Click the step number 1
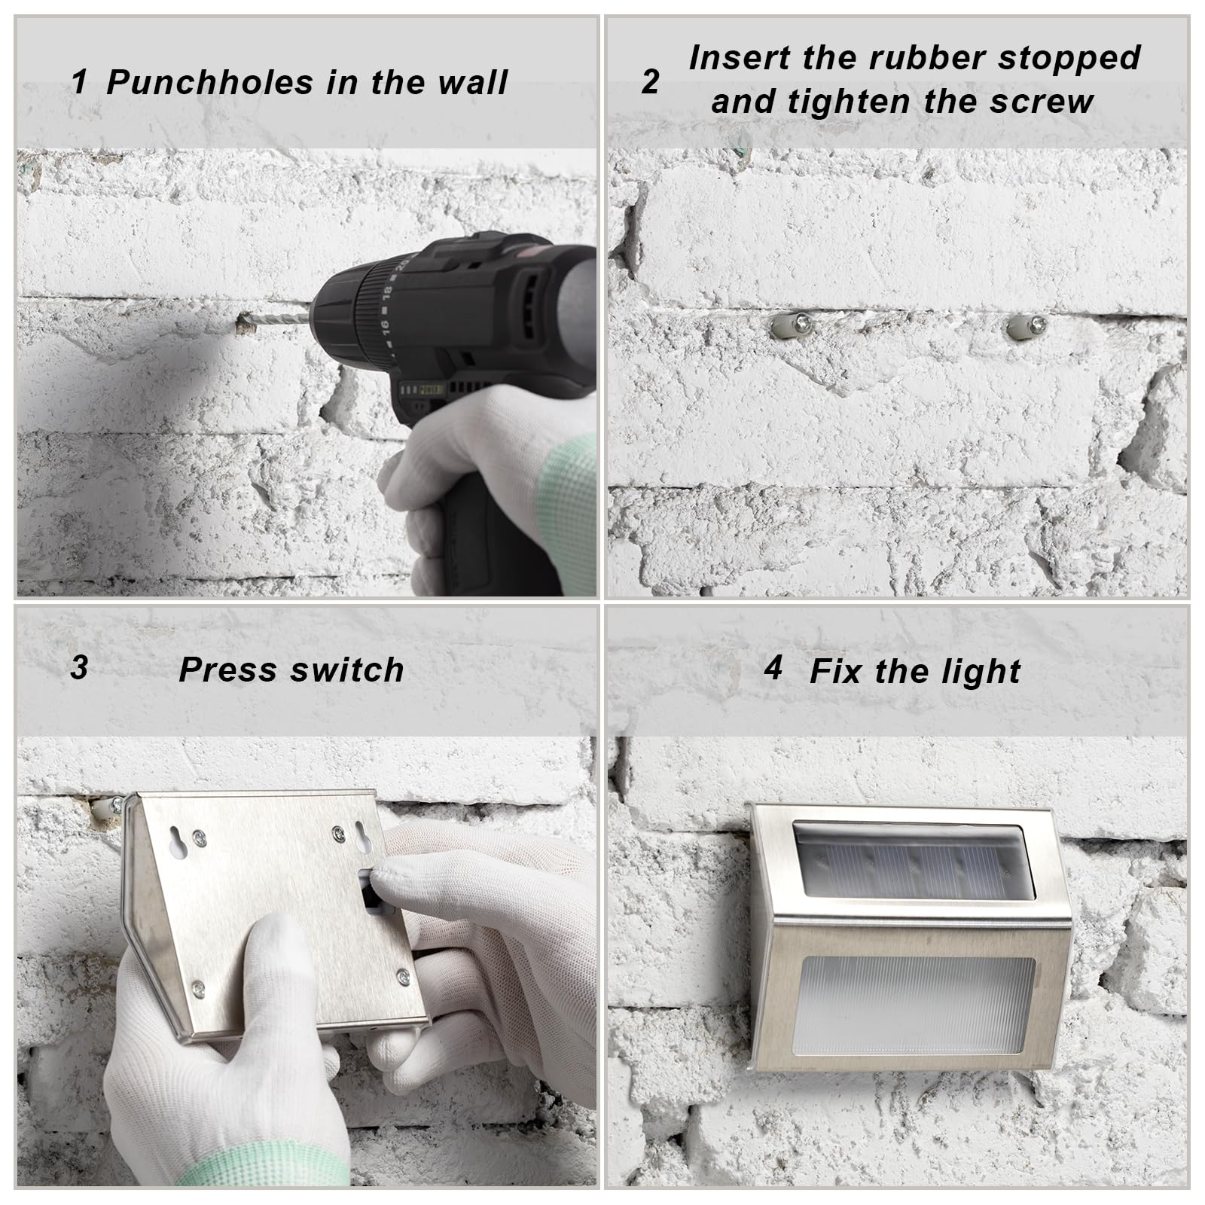point(79,82)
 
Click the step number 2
point(651,81)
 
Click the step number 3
point(79,668)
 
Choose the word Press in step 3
point(218,670)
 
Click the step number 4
point(773,667)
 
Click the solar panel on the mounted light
point(911,861)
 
